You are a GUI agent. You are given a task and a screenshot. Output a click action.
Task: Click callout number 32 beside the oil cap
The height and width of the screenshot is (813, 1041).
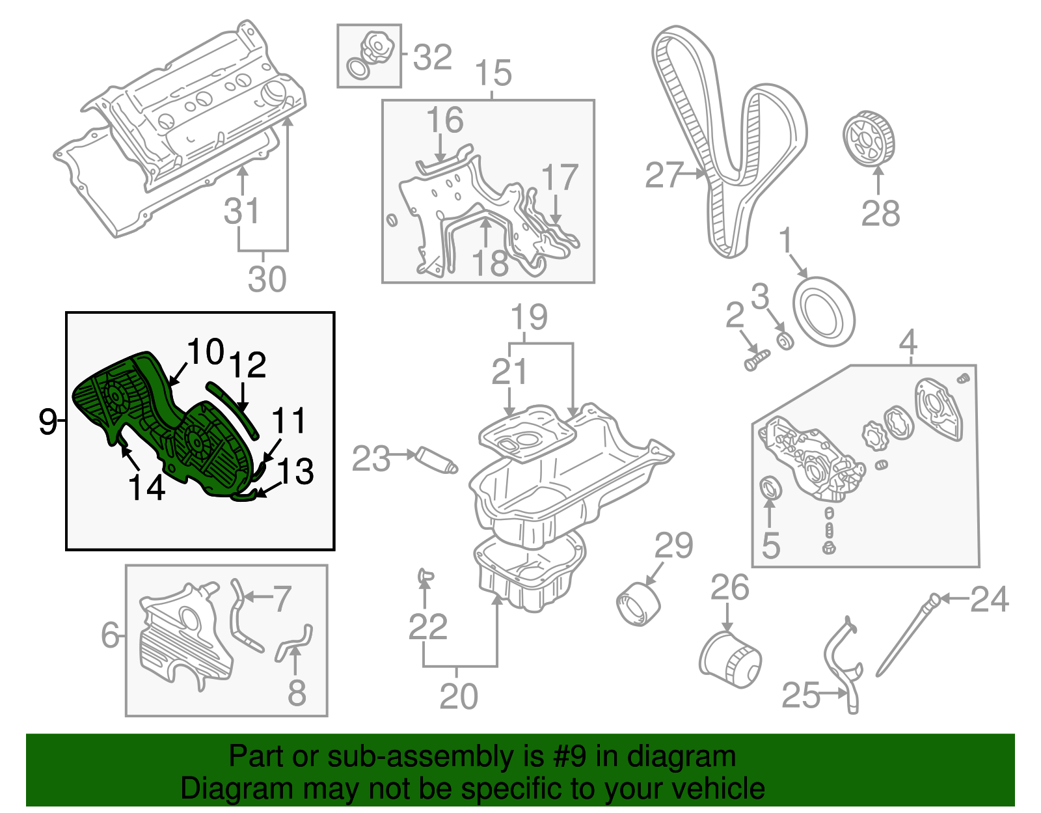(x=432, y=57)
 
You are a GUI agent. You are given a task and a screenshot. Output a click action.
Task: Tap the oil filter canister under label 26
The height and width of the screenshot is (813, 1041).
(x=729, y=659)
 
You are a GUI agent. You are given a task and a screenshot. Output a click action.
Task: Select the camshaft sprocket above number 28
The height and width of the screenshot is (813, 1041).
(x=869, y=139)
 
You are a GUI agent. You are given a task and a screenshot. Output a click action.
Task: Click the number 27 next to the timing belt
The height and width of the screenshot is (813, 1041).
(x=664, y=175)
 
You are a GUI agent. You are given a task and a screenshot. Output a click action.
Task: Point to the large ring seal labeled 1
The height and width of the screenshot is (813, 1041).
(x=823, y=311)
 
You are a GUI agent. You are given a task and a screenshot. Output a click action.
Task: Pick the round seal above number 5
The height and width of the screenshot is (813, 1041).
(x=771, y=486)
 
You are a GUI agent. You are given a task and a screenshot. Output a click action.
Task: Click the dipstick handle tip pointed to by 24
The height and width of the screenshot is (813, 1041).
(x=935, y=598)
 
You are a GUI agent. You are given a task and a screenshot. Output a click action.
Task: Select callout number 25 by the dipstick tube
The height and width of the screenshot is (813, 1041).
(x=800, y=695)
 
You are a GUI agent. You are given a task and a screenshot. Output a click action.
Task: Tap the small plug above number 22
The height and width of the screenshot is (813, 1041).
(x=425, y=574)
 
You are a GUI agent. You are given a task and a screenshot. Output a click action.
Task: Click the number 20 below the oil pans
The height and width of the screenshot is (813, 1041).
(x=459, y=696)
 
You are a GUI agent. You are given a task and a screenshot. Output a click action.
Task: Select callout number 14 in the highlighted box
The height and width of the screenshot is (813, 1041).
(x=146, y=487)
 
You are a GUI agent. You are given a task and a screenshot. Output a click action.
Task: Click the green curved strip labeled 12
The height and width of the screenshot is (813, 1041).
(x=233, y=408)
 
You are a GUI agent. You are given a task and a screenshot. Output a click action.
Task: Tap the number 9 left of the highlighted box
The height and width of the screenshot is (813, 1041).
(x=47, y=421)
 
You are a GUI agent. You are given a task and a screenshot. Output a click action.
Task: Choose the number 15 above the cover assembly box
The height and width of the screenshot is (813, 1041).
(x=493, y=73)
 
